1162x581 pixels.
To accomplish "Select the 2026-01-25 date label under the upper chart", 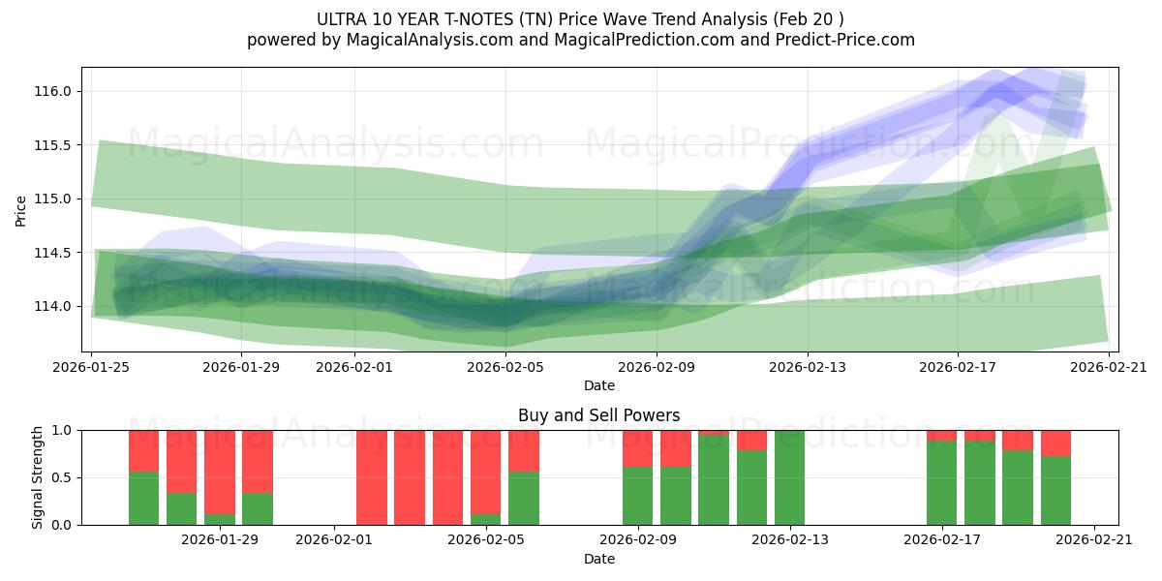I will click(92, 367).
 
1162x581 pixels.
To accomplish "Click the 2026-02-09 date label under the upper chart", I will click(657, 367).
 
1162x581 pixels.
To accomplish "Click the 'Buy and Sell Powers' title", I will click(598, 415).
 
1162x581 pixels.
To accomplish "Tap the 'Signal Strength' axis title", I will click(38, 477).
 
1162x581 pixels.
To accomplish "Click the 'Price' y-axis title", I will click(21, 211).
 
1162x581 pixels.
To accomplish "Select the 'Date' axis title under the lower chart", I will click(598, 559).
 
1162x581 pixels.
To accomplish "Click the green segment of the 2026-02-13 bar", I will click(789, 477).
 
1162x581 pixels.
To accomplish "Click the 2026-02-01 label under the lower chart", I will click(334, 539).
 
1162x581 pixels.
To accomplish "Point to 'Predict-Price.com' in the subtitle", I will click(850, 40).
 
